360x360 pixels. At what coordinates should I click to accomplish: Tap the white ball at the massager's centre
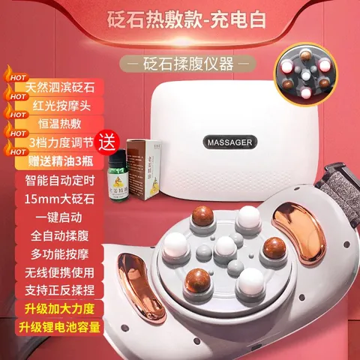click(x=223, y=247)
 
